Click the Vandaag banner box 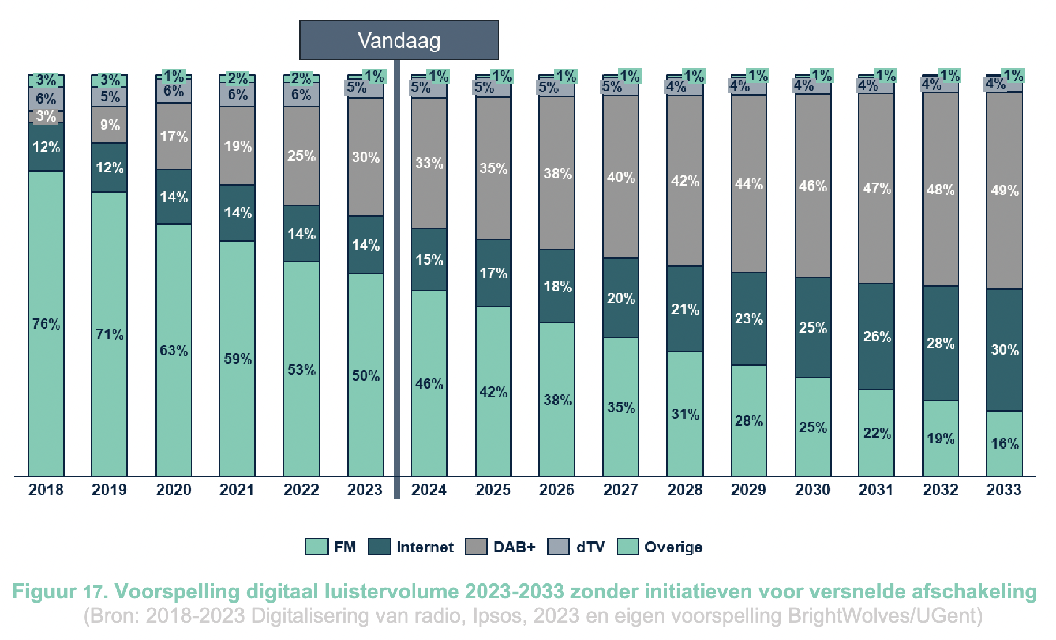point(399,40)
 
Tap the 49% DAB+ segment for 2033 point(1004,190)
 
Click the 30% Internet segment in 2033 point(1004,349)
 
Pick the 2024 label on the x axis point(429,490)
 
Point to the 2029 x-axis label point(748,490)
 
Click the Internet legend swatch point(379,547)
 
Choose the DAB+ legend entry point(514,547)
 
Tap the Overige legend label point(673,547)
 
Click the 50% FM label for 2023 point(366,376)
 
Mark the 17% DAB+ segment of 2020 point(174,137)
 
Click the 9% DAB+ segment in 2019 point(110,125)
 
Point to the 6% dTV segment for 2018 point(46,99)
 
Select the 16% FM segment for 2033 point(1004,443)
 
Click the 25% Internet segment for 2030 point(812,327)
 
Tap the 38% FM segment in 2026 point(557,400)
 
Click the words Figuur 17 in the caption point(59,592)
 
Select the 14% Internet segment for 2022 point(301,234)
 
